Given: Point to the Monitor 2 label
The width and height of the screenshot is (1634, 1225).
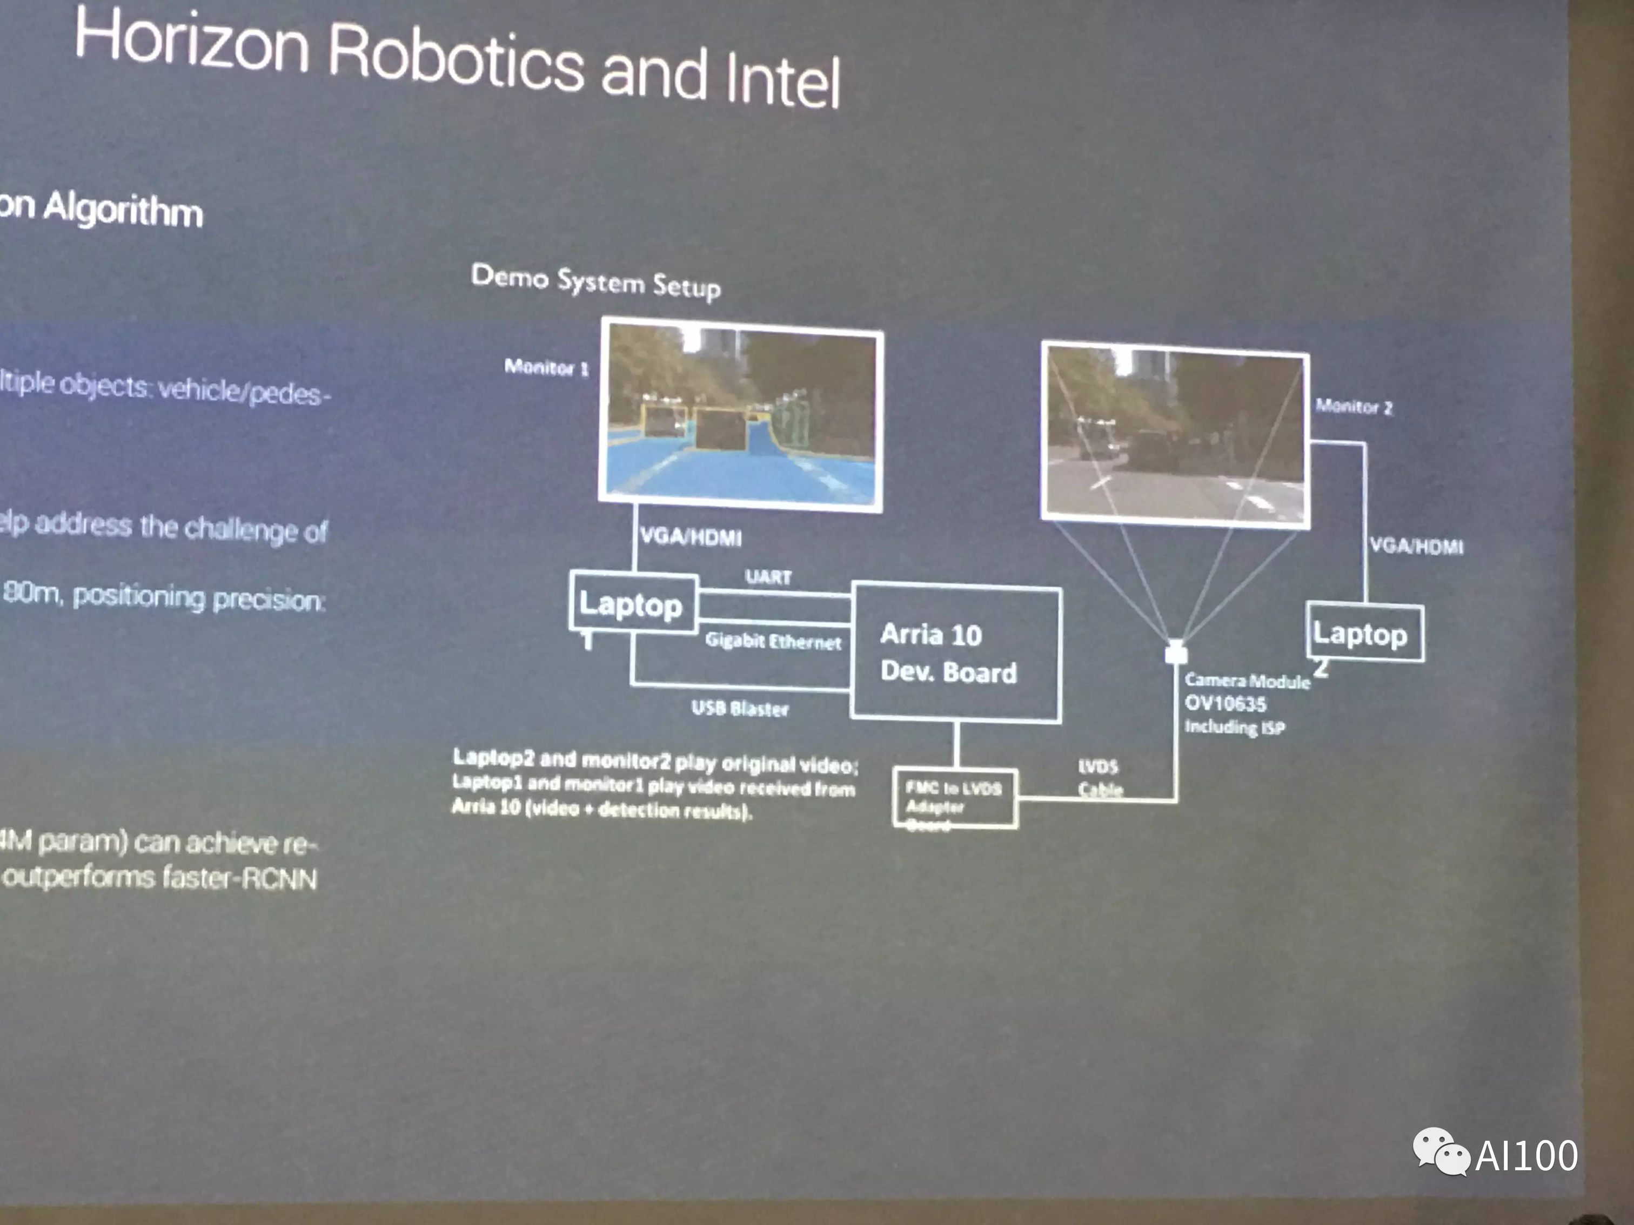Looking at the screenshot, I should coord(1354,406).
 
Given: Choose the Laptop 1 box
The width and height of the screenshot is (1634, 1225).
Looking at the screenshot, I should coord(632,603).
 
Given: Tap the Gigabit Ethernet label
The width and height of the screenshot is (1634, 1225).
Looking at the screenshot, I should coord(773,641).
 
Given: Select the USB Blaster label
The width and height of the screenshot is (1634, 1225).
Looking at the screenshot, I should coord(739,708).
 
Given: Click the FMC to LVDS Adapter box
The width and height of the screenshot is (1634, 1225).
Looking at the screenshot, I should coord(954,797).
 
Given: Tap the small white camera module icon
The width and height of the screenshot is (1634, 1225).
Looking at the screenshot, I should coord(1176,653).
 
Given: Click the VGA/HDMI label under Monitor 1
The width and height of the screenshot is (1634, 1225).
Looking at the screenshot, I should coord(691,537).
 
